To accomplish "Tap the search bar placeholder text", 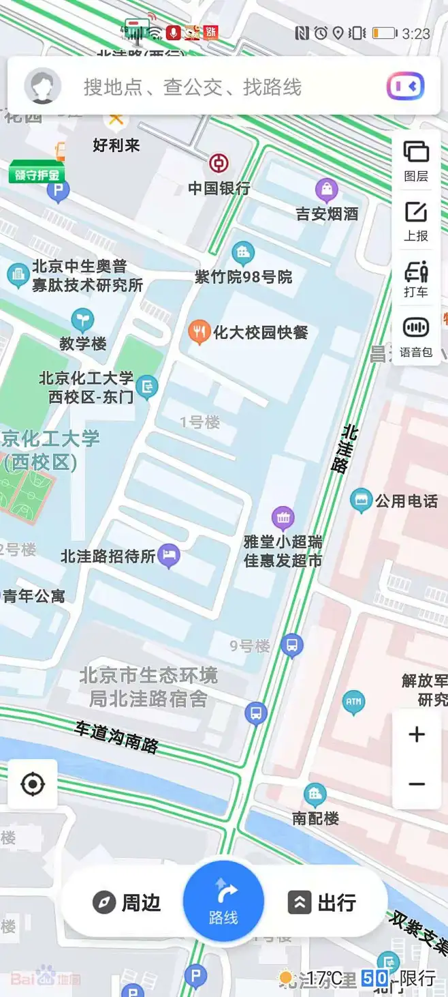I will coord(192,87).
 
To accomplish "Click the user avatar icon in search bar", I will coord(43,87).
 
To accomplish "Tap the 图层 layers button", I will coord(416,160).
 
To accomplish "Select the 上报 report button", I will coord(416,220).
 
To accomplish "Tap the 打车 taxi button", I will coord(416,279).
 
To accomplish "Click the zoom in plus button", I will coord(417,734).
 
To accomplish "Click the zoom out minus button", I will coord(417,784).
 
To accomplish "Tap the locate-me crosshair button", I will coord(33,784).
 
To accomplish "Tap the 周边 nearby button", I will coord(127,903).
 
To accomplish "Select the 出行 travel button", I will coord(322,903).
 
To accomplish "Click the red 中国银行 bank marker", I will coord(219,164).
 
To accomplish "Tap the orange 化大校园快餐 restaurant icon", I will coord(198,332).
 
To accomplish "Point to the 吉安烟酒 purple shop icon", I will coord(327,190).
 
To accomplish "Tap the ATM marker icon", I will coord(353,702).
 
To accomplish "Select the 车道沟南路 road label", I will coord(116,736).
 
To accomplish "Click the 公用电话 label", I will coord(406,501).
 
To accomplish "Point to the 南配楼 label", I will coord(316,818).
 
